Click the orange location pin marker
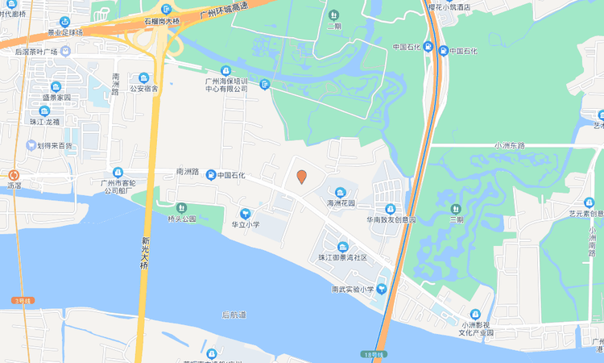click(x=301, y=177)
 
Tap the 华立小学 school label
click(x=241, y=224)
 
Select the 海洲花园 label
click(x=341, y=203)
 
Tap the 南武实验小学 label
click(x=353, y=289)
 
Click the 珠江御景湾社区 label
click(x=342, y=257)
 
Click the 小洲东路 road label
click(x=509, y=145)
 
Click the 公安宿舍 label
click(x=144, y=89)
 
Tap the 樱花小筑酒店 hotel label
click(x=461, y=6)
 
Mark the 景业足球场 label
click(x=65, y=32)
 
